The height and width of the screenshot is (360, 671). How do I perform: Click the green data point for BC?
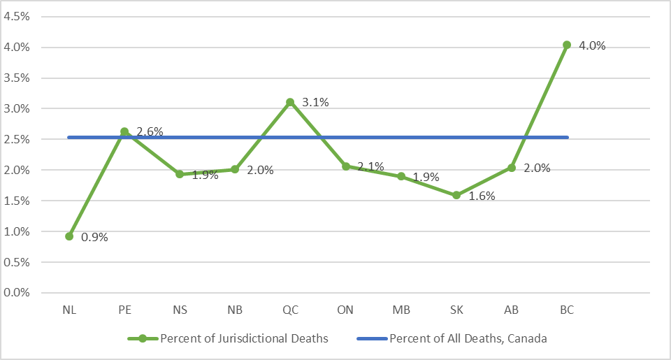coord(567,45)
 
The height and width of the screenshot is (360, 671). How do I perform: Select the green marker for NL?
coord(69,236)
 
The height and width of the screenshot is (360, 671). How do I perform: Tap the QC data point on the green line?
coord(290,102)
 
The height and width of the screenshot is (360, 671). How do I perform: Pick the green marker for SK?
coord(456,195)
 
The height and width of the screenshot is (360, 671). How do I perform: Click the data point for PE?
coord(124,131)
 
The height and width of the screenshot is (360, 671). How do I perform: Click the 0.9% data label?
coord(94,237)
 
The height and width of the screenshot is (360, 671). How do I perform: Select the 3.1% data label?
coord(315,102)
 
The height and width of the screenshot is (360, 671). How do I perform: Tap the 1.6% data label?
coord(481,196)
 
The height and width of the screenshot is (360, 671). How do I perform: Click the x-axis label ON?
coord(346,310)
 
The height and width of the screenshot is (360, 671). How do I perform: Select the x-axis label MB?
coord(401,310)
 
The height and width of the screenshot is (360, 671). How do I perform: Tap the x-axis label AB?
coord(512,310)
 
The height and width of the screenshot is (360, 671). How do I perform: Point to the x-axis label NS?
coord(180,310)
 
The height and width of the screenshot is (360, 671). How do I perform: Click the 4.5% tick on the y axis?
coord(16,17)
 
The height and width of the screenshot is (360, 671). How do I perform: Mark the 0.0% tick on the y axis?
coord(16,293)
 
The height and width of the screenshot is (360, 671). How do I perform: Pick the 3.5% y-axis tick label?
coord(16,78)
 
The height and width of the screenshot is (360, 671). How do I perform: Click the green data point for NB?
coord(235,169)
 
